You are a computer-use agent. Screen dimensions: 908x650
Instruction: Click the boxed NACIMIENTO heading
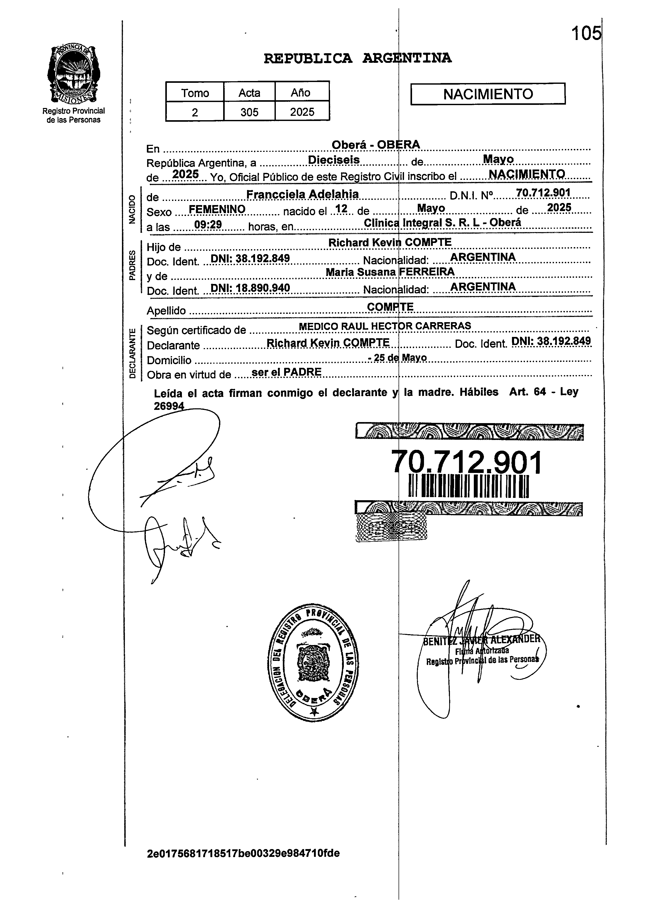[x=488, y=94]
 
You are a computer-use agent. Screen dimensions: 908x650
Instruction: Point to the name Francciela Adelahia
[x=302, y=195]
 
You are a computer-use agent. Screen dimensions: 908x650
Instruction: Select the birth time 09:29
[x=208, y=225]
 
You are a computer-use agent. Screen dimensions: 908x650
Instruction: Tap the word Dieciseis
[x=333, y=160]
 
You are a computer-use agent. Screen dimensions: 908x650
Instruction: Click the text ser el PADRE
[x=286, y=372]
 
